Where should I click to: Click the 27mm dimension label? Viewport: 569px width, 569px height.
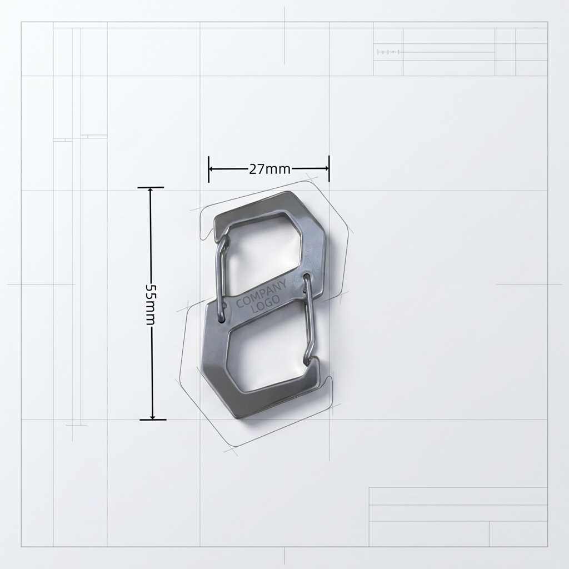coord(269,169)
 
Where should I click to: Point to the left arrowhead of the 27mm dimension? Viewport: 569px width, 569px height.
coord(213,169)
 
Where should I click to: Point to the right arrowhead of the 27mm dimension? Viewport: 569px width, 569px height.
coord(325,168)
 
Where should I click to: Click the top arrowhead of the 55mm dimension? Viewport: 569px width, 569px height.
coord(151,192)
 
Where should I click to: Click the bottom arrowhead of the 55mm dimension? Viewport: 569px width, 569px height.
coord(152,416)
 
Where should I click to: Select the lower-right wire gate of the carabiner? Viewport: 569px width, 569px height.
coord(310,320)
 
